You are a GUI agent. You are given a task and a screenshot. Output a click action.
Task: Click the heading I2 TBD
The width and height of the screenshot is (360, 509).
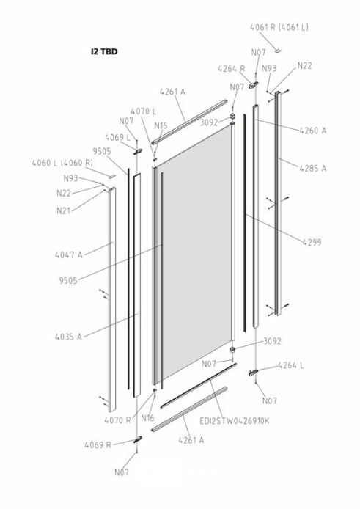click(x=104, y=51)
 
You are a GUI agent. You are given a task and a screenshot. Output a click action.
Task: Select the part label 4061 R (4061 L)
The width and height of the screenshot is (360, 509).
click(x=279, y=28)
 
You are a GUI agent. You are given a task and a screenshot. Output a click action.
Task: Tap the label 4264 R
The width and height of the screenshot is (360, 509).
click(x=232, y=69)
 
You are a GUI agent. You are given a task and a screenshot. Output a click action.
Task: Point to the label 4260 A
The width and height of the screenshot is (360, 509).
click(x=313, y=131)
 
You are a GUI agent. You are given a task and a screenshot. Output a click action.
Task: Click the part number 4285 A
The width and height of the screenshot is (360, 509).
click(x=313, y=169)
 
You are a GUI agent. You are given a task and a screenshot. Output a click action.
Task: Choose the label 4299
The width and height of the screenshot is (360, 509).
click(x=312, y=242)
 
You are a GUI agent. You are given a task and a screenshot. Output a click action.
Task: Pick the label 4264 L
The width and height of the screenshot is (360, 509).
click(x=291, y=365)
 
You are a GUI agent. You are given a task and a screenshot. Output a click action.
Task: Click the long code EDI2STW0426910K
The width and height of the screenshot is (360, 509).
click(x=235, y=421)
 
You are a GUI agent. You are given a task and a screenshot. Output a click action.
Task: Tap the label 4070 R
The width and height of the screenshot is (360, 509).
click(x=117, y=420)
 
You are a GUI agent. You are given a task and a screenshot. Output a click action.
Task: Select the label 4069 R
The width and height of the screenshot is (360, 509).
click(x=98, y=445)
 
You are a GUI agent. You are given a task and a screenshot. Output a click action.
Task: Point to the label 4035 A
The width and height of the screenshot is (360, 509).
click(x=68, y=337)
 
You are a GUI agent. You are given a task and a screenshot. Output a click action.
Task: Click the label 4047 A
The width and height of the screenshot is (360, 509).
click(x=69, y=255)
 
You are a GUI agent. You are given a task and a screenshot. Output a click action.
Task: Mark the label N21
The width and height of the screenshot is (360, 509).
click(x=64, y=211)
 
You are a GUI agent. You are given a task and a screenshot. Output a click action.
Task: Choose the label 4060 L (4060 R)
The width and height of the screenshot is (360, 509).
click(x=62, y=163)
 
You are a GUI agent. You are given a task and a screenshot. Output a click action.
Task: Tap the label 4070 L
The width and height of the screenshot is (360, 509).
click(x=144, y=111)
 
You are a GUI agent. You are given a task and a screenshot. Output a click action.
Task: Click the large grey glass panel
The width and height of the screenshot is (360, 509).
click(x=196, y=252)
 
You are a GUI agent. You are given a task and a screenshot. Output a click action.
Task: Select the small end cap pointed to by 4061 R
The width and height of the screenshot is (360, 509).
click(x=278, y=51)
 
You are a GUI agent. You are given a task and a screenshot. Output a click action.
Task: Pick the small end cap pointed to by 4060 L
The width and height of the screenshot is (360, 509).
click(x=111, y=176)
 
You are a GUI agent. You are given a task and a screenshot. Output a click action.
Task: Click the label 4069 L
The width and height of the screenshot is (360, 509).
click(x=117, y=138)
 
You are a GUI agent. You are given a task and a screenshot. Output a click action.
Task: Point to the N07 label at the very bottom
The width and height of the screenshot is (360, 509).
click(x=122, y=472)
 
